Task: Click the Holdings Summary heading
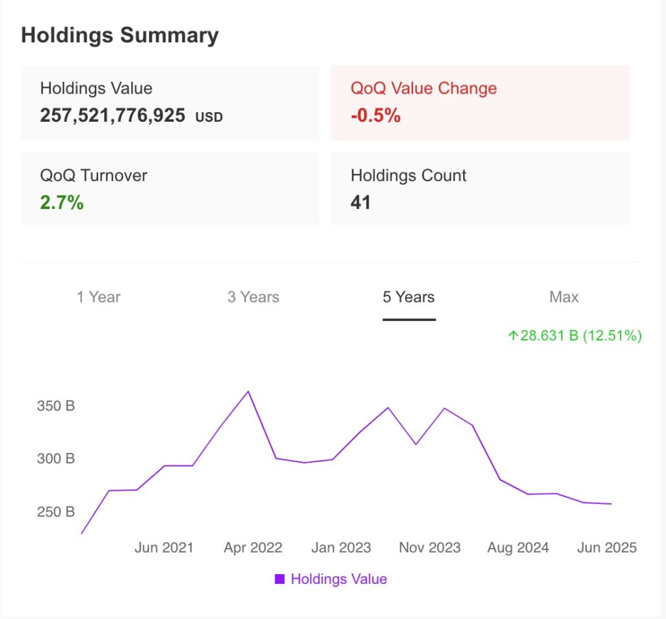pyautogui.click(x=120, y=35)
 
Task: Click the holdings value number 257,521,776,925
pyautogui.click(x=113, y=116)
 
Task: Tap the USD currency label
pyautogui.click(x=209, y=118)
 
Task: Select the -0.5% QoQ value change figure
pyautogui.click(x=375, y=116)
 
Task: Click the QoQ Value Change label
pyautogui.click(x=423, y=89)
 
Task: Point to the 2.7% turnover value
pyautogui.click(x=62, y=202)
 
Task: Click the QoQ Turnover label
pyautogui.click(x=94, y=176)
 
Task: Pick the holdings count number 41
pyautogui.click(x=360, y=202)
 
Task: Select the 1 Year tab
pyautogui.click(x=98, y=297)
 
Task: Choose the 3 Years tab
pyautogui.click(x=253, y=297)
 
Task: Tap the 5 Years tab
pyautogui.click(x=408, y=297)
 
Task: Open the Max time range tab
pyautogui.click(x=564, y=297)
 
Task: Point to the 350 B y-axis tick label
pyautogui.click(x=55, y=406)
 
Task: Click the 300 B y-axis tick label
pyautogui.click(x=55, y=459)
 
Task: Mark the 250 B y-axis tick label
pyautogui.click(x=55, y=512)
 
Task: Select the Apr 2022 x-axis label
pyautogui.click(x=253, y=548)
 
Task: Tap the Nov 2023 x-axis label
pyautogui.click(x=429, y=548)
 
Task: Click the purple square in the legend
pyautogui.click(x=280, y=579)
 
